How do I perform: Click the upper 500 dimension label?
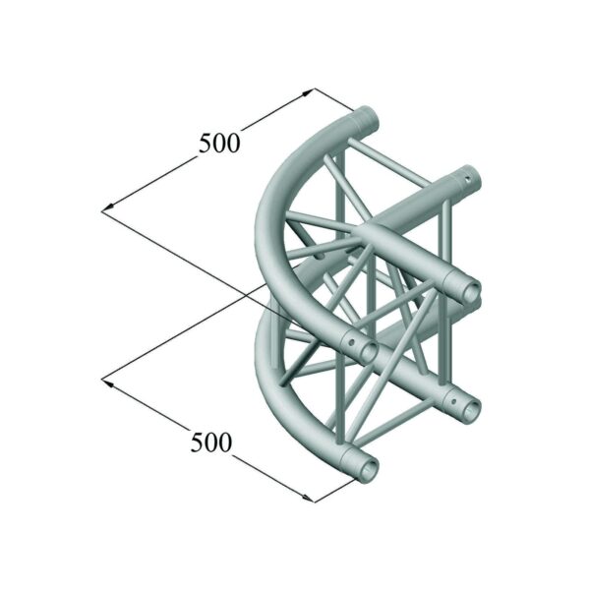pyautogui.click(x=218, y=143)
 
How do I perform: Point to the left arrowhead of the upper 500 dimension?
pyautogui.click(x=106, y=208)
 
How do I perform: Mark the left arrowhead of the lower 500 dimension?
pyautogui.click(x=106, y=379)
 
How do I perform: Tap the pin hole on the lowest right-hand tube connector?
pyautogui.click(x=450, y=397)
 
